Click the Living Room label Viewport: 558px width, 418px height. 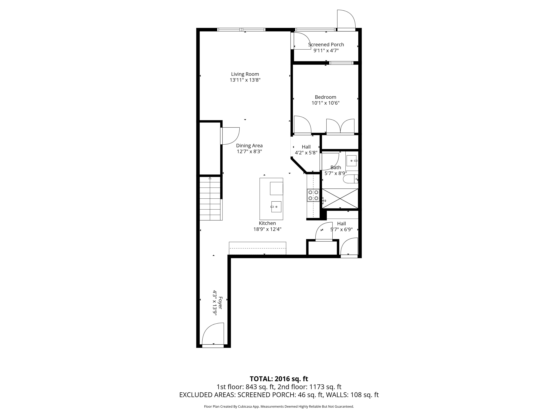coord(245,74)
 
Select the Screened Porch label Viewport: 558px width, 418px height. coord(326,45)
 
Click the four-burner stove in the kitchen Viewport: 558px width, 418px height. coord(313,195)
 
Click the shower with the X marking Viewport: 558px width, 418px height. coord(340,199)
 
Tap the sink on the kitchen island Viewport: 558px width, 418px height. coord(276,207)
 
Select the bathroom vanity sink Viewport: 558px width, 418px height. coord(351,161)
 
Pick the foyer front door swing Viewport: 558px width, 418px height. coord(213,334)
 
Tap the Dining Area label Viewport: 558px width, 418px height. coord(249,146)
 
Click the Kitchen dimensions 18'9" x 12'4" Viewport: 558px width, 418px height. coord(267,229)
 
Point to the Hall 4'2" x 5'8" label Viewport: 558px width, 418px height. coord(306,150)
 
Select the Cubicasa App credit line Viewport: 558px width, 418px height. coord(279,406)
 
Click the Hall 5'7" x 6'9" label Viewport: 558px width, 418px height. coord(341,226)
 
